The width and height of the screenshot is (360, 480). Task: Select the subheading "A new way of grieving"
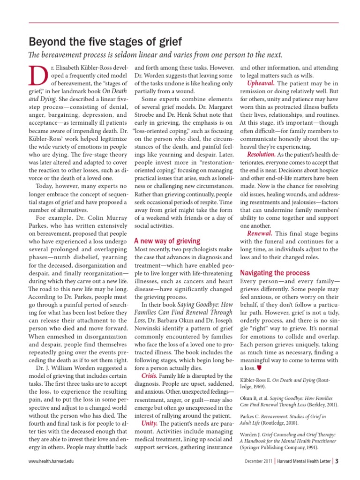pos(167,240)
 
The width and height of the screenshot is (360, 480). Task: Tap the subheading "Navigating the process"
pos(275,272)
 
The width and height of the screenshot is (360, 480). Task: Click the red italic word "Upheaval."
pos(261,83)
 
